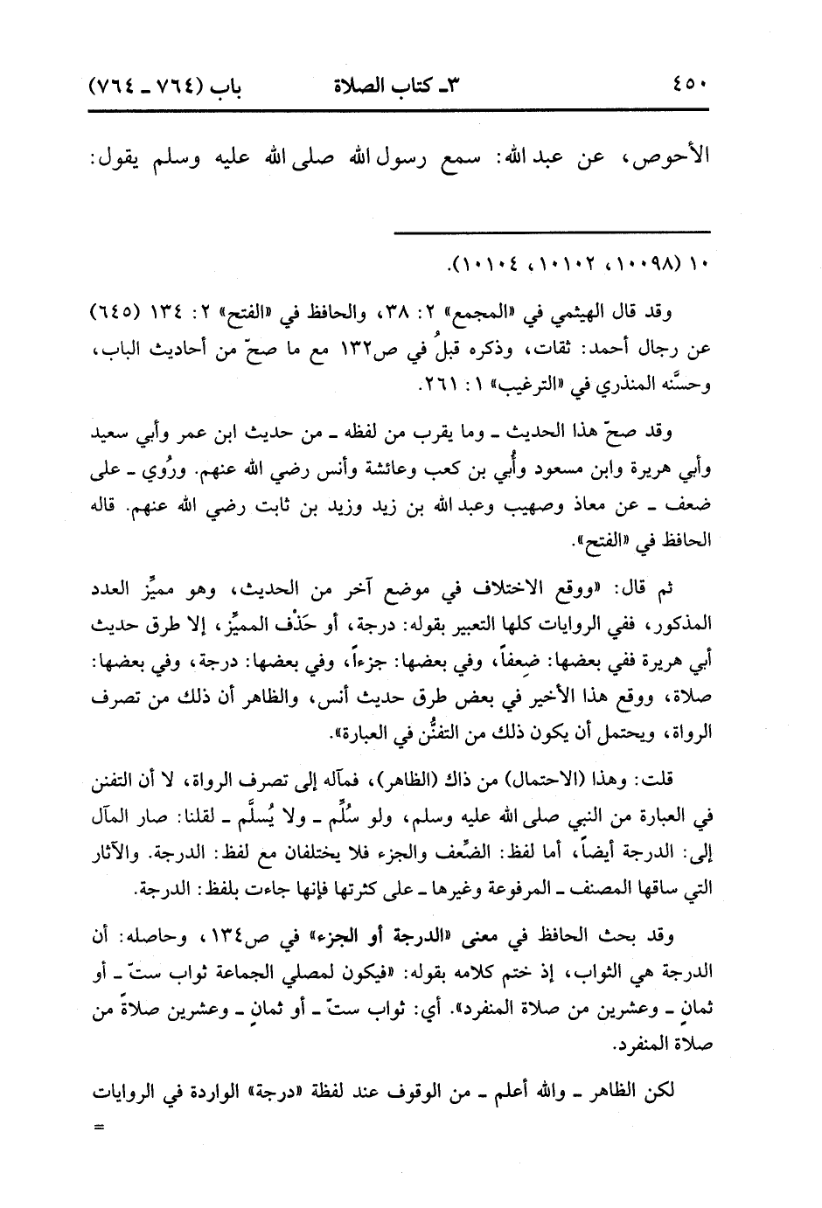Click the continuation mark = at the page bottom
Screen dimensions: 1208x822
(x=98, y=1127)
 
